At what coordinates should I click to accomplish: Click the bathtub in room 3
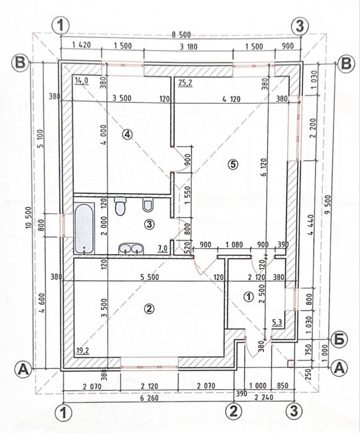(x=84, y=228)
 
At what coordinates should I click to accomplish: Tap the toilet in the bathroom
(x=121, y=206)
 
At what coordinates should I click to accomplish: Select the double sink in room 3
(x=131, y=249)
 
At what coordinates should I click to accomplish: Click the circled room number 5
(x=233, y=165)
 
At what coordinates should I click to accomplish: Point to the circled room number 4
(x=127, y=134)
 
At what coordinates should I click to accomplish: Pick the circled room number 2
(x=149, y=309)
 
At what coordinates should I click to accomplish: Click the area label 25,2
(x=185, y=82)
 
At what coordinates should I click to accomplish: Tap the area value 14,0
(x=82, y=80)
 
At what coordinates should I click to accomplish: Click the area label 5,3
(x=277, y=322)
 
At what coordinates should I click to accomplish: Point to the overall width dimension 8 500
(x=181, y=35)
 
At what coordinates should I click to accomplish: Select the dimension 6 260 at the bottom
(x=149, y=398)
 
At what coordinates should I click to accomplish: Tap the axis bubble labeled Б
(x=339, y=340)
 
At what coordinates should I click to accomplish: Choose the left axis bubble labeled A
(x=24, y=369)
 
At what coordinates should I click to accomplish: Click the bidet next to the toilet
(x=148, y=205)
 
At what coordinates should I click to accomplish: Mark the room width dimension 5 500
(x=150, y=277)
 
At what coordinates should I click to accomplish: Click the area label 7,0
(x=163, y=248)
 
